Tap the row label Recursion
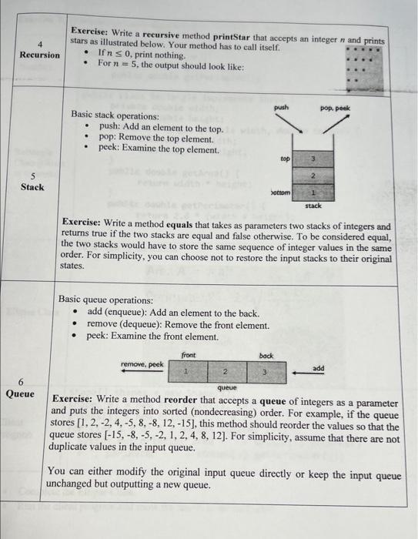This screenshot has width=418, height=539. coord(39,55)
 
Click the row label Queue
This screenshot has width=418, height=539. coord(21,393)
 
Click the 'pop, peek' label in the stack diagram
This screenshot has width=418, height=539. coord(334,109)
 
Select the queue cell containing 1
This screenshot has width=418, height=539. coord(187,372)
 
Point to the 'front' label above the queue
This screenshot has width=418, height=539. coord(189,354)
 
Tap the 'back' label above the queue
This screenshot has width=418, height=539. coord(266,356)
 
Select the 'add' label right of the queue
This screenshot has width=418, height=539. coord(318,369)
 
